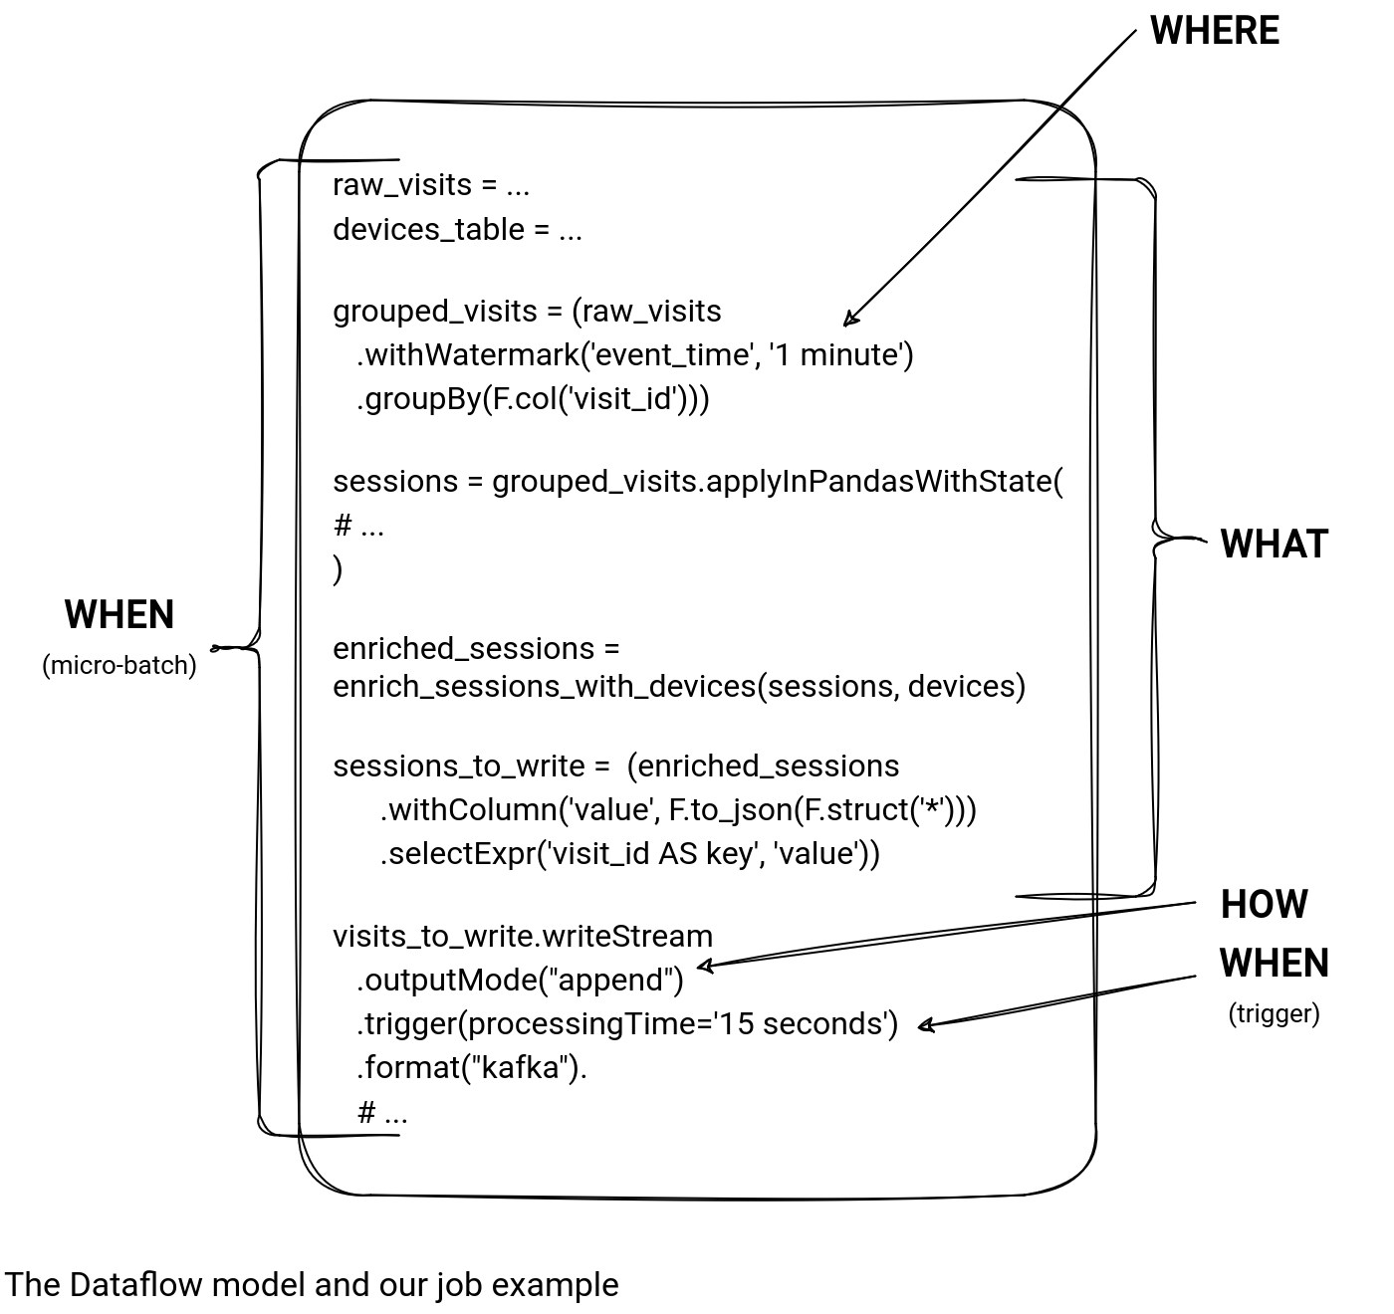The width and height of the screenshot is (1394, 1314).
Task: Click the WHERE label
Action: pos(1214,31)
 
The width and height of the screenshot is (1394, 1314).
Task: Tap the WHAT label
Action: pos(1274,544)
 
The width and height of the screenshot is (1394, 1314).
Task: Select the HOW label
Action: pos(1264,904)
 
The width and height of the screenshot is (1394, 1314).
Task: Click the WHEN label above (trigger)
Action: pos(1274,964)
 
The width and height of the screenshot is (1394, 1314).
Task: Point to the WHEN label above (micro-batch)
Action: pos(119,615)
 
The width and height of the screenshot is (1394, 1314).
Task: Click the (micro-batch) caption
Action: pos(119,665)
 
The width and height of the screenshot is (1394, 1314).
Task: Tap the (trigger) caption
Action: pos(1274,1013)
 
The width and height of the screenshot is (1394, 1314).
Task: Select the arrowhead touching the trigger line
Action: pos(923,1025)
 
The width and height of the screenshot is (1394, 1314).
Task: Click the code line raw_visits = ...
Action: pos(430,185)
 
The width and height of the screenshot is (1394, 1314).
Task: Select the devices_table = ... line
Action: pos(457,230)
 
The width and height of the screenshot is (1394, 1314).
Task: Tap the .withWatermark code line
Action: pos(634,354)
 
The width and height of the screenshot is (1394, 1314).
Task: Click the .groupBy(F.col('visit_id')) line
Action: pos(533,398)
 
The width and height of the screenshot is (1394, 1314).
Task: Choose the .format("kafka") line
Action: pos(472,1067)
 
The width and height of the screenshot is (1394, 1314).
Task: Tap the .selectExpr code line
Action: pos(629,853)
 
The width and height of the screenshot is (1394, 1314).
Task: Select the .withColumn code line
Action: pos(677,809)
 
